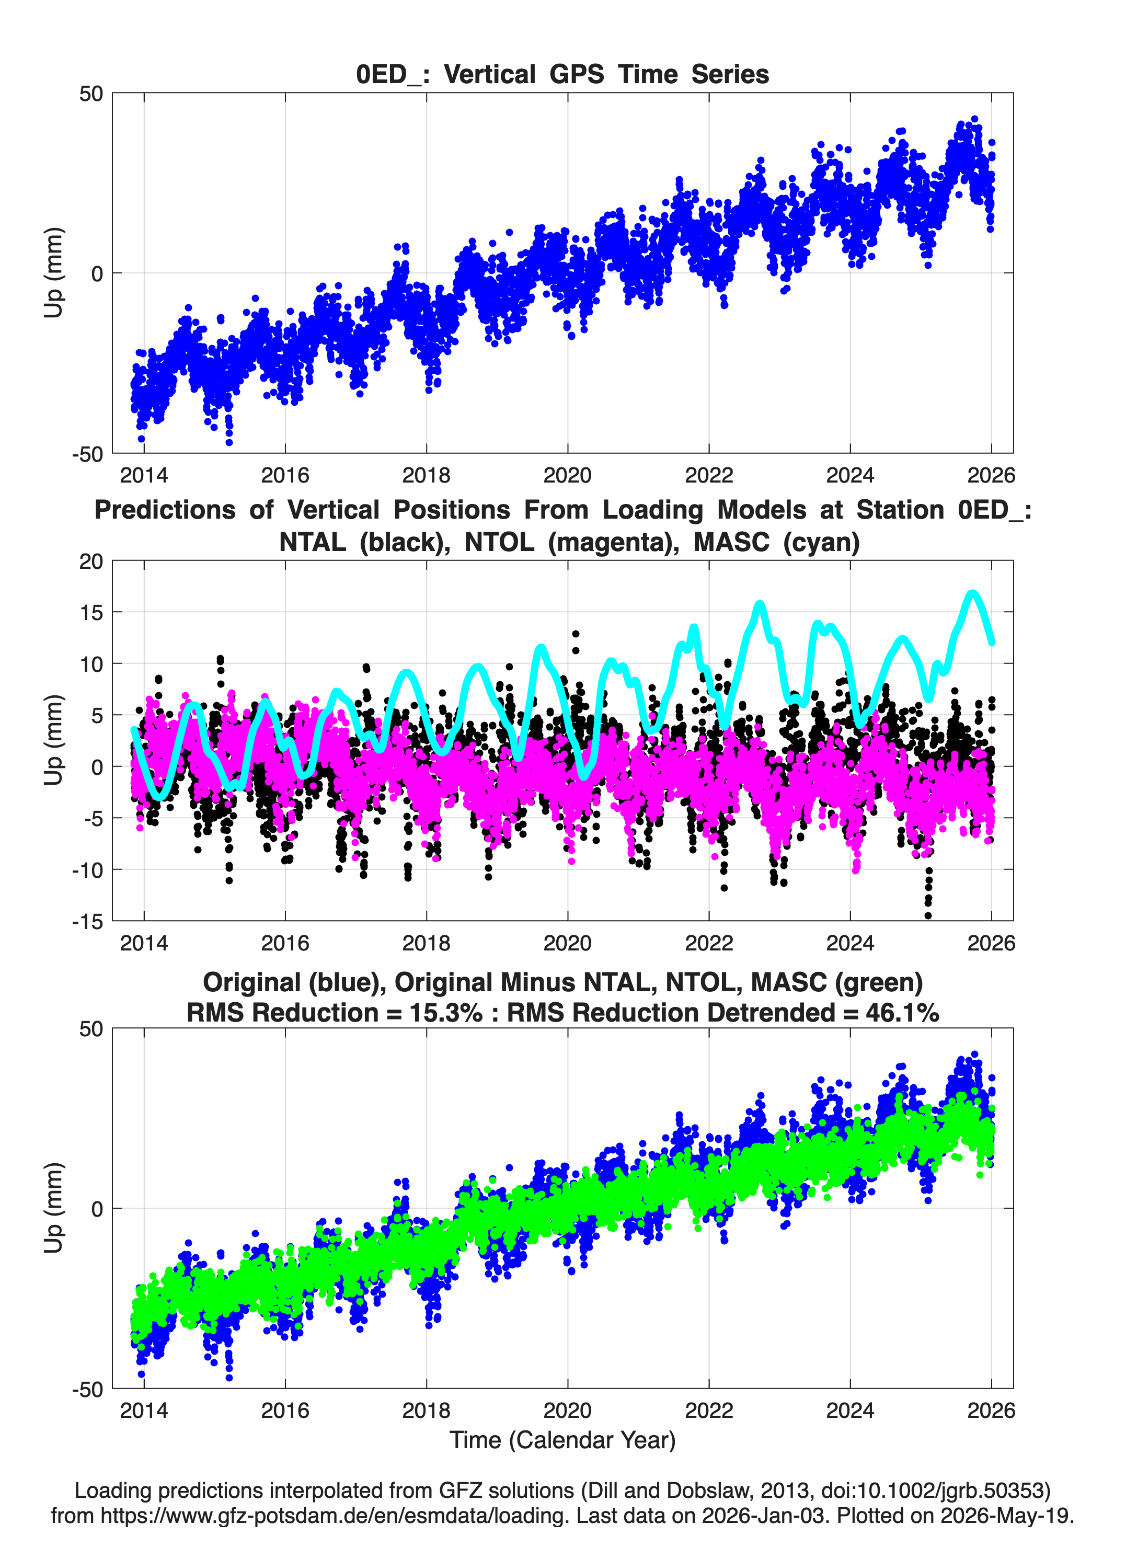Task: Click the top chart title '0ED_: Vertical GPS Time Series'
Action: pos(562,74)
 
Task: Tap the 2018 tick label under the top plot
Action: pos(426,475)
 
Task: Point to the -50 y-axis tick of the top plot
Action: pos(87,454)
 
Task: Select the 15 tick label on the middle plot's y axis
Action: pos(91,612)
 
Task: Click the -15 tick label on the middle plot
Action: pos(87,921)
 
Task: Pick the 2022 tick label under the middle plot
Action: pos(709,943)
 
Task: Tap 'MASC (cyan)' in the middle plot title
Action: pos(776,542)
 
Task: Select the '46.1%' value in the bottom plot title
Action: pos(903,1013)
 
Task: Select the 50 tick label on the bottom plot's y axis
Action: pos(91,1029)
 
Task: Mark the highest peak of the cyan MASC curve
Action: pos(972,592)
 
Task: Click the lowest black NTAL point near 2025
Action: pos(928,915)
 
